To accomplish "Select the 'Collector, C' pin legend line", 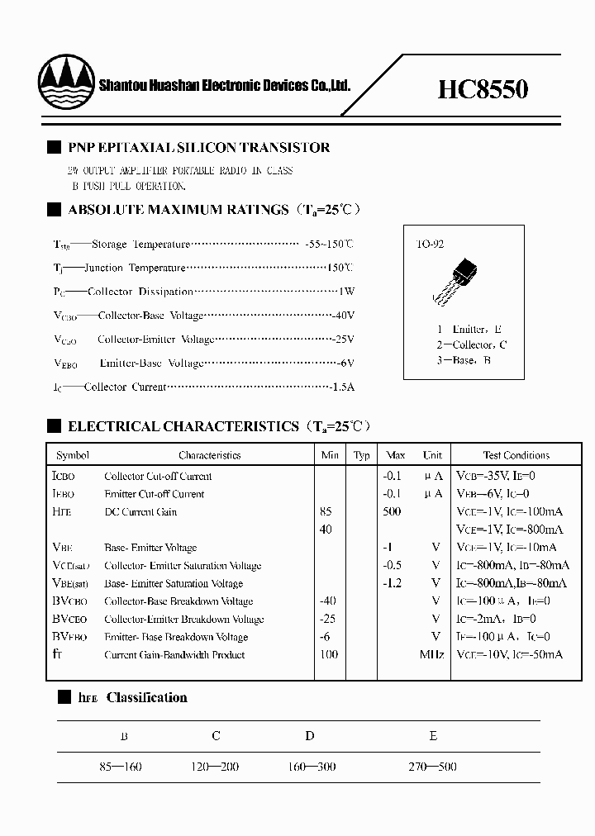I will (471, 344).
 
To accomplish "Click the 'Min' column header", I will (330, 455).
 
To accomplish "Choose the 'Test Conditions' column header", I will (516, 455).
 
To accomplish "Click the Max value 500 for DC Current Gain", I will (392, 512).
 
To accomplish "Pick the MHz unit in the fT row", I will (431, 655).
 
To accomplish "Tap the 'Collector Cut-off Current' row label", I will (158, 477).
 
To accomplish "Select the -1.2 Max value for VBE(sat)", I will (392, 584).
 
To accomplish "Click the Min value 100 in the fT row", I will (329, 655).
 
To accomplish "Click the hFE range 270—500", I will (432, 767).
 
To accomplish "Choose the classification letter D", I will (309, 735).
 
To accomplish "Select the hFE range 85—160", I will (120, 767).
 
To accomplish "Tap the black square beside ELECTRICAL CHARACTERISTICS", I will (55, 426).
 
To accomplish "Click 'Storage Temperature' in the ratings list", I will (140, 245).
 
